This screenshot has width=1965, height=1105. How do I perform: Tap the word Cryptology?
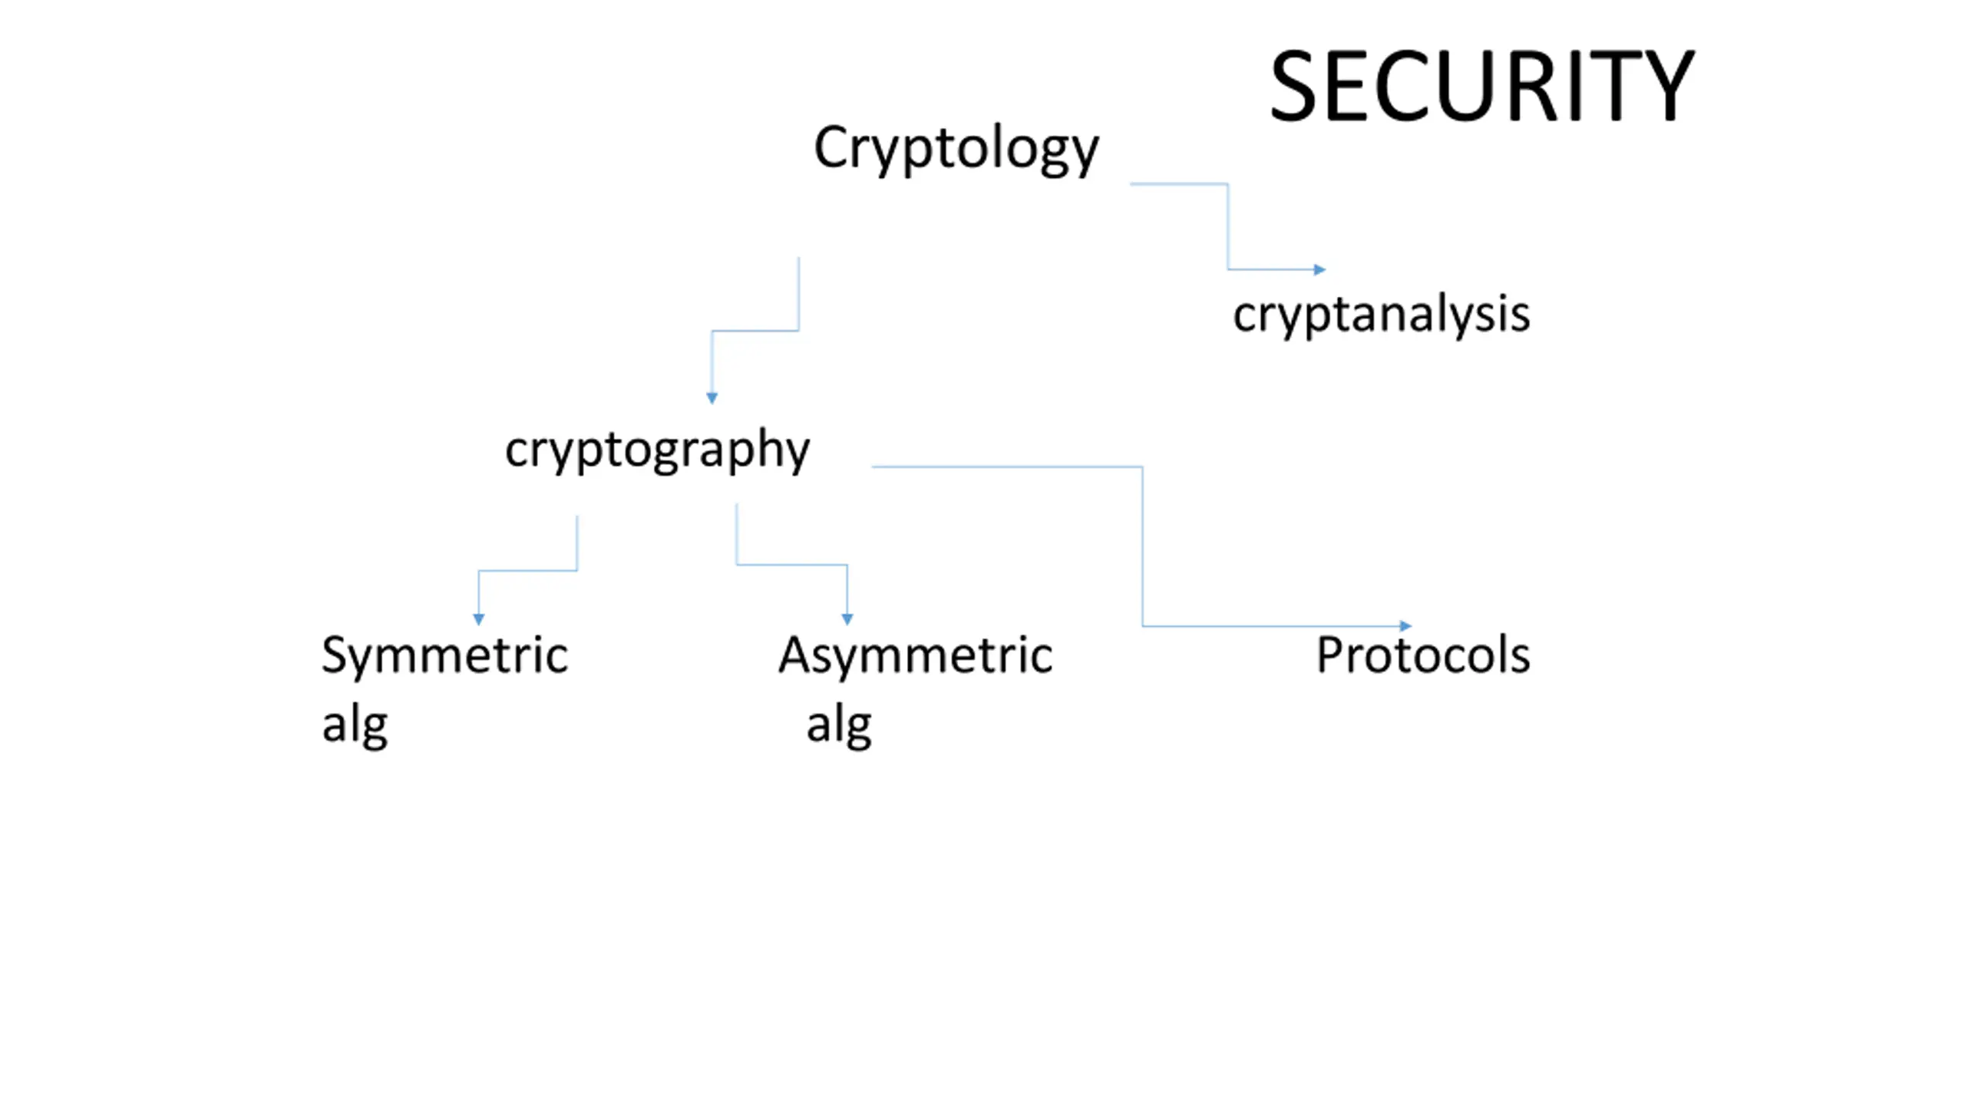(956, 149)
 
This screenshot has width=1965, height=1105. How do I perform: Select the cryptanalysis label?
(1382, 315)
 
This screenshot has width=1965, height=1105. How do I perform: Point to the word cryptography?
(657, 450)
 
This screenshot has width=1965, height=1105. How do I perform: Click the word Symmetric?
(444, 656)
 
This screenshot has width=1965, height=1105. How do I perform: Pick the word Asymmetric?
(916, 655)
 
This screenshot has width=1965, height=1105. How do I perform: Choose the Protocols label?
(1423, 655)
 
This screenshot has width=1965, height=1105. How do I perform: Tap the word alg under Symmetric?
(355, 725)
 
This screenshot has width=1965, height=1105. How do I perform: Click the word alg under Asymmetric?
(839, 725)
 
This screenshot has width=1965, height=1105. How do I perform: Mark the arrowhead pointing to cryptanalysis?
(1320, 269)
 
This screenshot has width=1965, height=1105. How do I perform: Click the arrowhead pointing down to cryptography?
(712, 398)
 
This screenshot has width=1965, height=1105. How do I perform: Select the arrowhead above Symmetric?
(478, 619)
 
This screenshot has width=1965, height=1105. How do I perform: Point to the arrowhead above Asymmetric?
(847, 619)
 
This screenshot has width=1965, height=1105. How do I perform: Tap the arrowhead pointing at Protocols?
(1405, 626)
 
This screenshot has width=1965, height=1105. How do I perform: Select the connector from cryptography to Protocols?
(1143, 546)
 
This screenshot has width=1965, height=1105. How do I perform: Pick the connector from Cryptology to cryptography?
(755, 331)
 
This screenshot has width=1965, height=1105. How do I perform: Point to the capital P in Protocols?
(1330, 655)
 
